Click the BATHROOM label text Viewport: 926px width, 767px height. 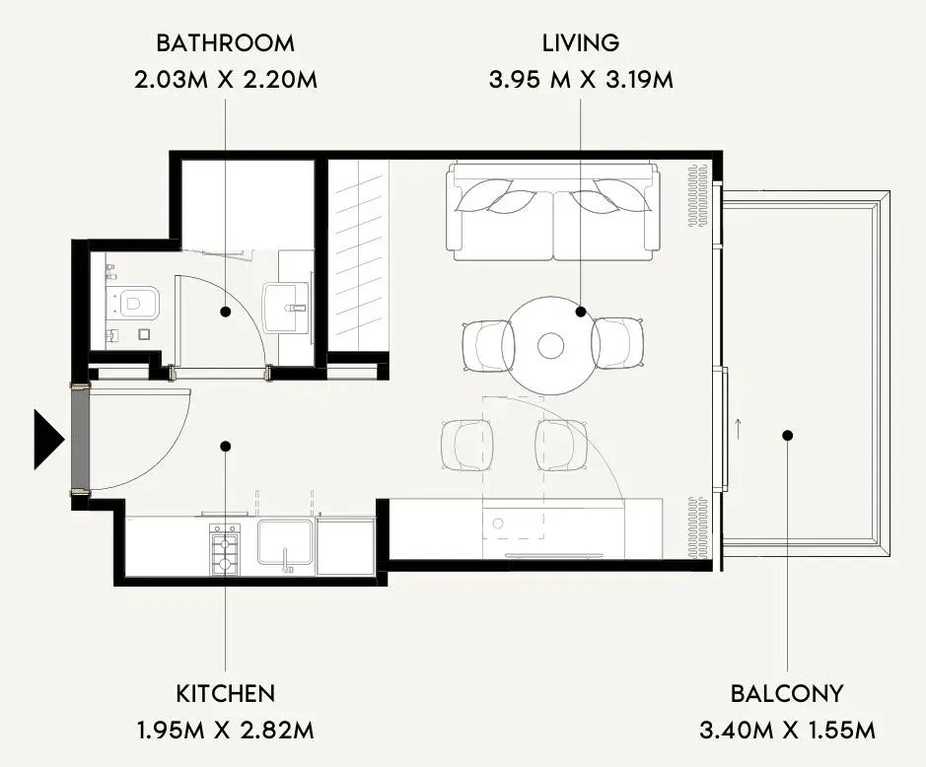point(225,43)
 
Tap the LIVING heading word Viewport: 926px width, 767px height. point(581,43)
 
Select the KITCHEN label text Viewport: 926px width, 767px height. point(226,693)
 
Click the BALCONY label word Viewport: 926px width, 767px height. point(787,693)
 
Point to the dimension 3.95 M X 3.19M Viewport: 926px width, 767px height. point(581,79)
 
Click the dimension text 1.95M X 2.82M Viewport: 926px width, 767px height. point(226,731)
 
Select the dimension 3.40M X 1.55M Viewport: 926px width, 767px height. point(787,731)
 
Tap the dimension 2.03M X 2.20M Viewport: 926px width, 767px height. point(225,79)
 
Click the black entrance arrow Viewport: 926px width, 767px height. point(48,440)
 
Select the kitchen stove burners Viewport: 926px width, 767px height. point(225,548)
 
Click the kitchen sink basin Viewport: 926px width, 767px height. point(285,542)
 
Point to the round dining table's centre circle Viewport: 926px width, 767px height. point(550,345)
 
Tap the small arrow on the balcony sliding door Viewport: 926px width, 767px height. point(738,425)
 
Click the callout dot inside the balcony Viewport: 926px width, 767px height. point(787,436)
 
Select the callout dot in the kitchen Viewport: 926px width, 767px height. point(225,447)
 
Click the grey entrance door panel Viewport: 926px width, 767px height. point(80,439)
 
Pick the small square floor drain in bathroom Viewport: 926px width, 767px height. point(144,334)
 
